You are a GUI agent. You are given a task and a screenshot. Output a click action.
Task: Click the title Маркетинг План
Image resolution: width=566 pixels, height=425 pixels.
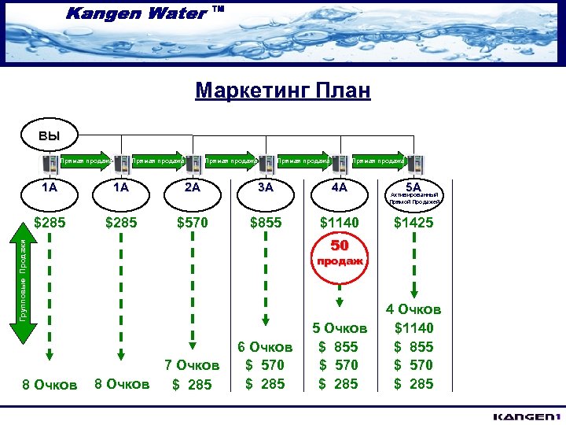[x=282, y=91]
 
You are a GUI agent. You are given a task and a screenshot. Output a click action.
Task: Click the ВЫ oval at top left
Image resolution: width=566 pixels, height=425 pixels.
[x=50, y=135]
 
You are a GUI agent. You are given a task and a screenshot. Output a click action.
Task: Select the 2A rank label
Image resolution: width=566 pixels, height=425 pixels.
[x=192, y=187]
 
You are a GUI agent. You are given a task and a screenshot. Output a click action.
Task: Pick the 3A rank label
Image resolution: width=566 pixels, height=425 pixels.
[x=266, y=187]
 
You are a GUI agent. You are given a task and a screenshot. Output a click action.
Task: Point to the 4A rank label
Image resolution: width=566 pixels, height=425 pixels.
[x=339, y=187]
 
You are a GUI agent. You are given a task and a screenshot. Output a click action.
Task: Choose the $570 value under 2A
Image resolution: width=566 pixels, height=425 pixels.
[x=192, y=223]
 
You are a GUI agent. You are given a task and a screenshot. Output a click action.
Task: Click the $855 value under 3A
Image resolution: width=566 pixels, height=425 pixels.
[x=266, y=223]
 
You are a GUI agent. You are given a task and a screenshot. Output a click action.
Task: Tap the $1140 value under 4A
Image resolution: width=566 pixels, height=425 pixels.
[x=339, y=223]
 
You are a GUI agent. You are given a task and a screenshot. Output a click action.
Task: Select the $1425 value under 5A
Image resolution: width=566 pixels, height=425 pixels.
[x=413, y=223]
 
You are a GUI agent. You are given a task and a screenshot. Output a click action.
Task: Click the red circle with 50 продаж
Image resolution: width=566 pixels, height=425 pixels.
[x=339, y=253]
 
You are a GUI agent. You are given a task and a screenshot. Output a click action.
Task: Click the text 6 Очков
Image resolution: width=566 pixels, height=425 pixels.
[x=265, y=346]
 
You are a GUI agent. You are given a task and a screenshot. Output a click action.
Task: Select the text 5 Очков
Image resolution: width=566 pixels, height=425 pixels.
[x=340, y=327]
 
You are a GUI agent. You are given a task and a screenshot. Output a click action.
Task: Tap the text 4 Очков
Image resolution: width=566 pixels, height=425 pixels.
[x=413, y=310]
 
